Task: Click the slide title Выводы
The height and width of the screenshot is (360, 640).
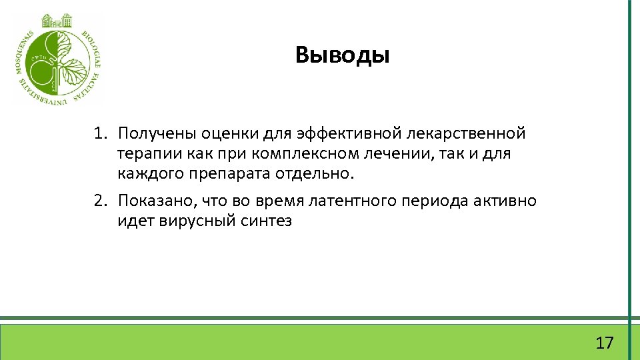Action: point(343,55)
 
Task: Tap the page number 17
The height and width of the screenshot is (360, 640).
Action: point(604,343)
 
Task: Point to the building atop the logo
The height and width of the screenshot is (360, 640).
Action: point(57,20)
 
